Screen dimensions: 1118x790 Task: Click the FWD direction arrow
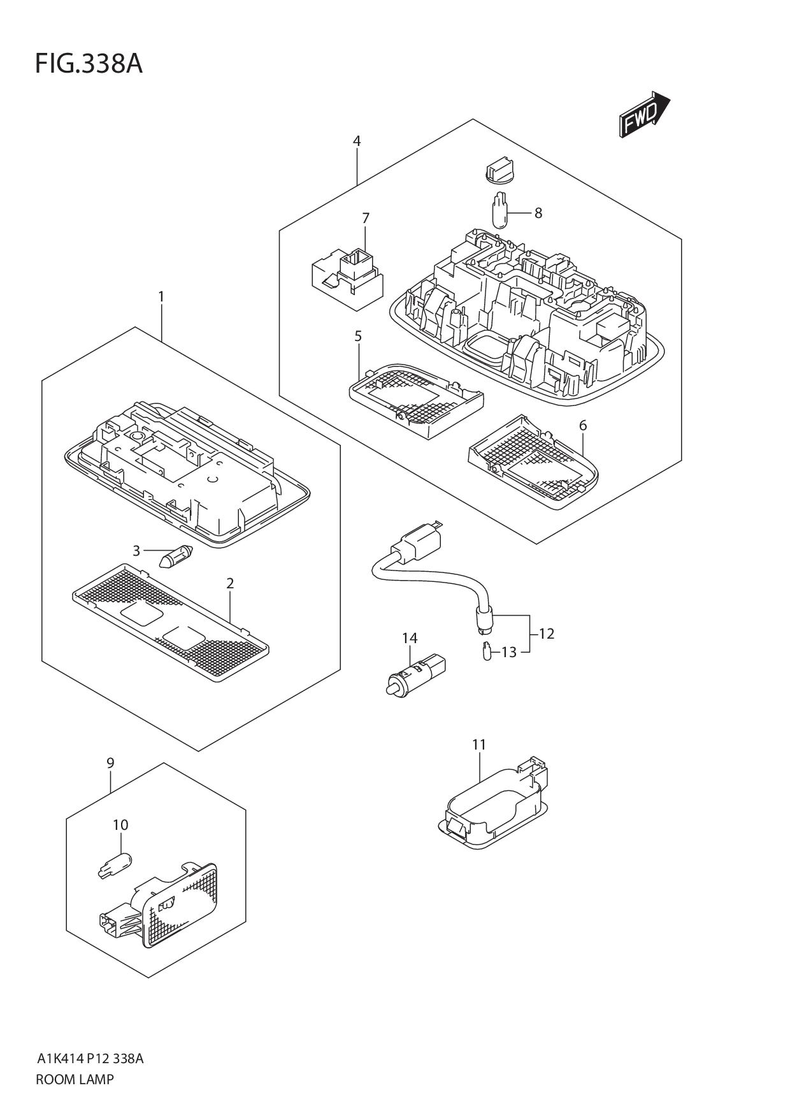tap(644, 115)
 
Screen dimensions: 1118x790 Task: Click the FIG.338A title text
tap(89, 64)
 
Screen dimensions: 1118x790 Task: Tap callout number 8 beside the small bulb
tap(538, 213)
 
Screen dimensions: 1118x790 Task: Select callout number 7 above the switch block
tap(366, 218)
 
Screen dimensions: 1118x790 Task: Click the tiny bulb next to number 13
tap(487, 652)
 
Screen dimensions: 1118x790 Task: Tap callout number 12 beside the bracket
tap(546, 634)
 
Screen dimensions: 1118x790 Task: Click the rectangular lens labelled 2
tap(171, 623)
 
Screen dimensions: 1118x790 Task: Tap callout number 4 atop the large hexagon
tap(357, 141)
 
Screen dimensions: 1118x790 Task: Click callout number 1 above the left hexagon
tap(161, 296)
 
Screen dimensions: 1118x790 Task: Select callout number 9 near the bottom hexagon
tap(110, 763)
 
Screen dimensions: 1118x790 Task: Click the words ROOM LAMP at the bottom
tap(75, 1079)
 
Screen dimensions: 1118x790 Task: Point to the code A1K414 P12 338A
tap(90, 1059)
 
